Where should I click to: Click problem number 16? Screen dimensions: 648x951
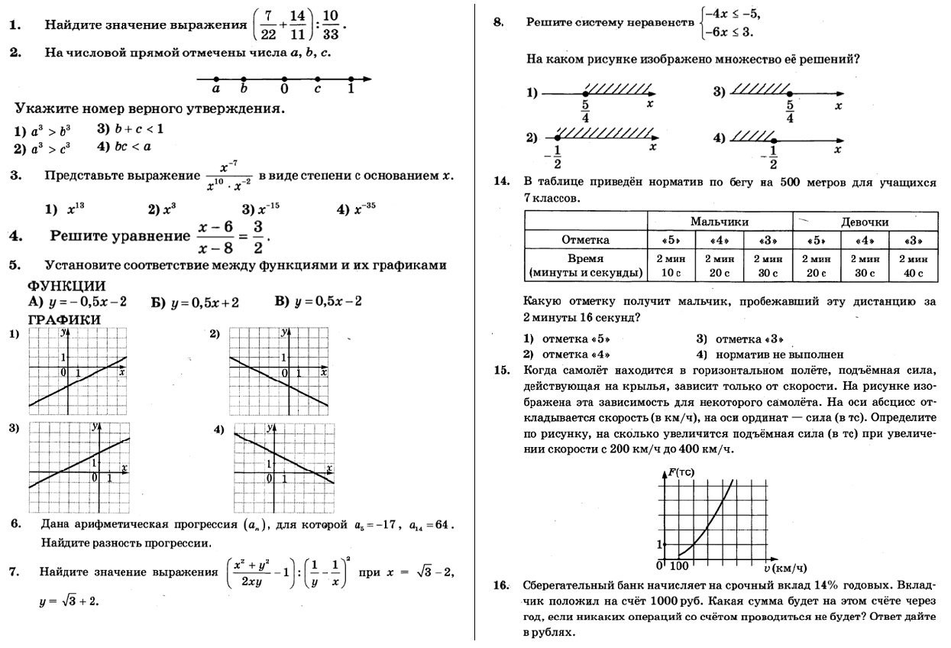click(x=501, y=586)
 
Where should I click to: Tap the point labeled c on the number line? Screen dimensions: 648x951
click(x=318, y=79)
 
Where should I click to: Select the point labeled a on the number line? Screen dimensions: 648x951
click(x=216, y=79)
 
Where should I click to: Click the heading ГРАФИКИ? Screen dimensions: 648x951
click(x=66, y=319)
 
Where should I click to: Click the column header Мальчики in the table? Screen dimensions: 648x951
click(x=719, y=222)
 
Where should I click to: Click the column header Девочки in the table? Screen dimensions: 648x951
click(x=865, y=222)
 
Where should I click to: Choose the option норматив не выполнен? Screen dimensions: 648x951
click(x=770, y=355)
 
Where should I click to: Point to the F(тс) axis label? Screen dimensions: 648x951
click(x=681, y=473)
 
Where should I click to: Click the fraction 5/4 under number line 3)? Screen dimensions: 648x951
click(x=789, y=112)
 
